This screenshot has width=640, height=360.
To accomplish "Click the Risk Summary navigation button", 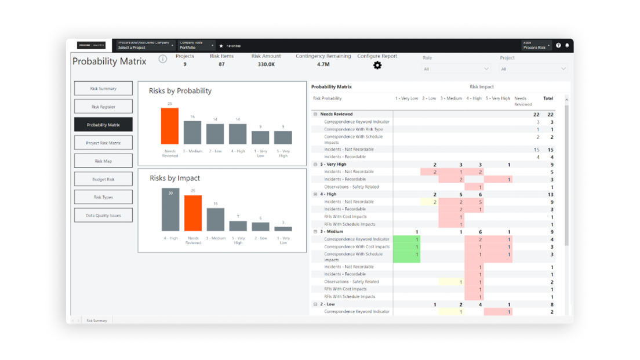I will (103, 89).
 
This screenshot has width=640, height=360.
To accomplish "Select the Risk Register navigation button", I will (103, 107).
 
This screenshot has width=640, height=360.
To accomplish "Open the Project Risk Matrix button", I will (103, 143).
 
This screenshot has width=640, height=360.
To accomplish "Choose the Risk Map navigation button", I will (103, 161).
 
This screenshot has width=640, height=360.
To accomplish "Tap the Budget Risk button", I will (103, 179).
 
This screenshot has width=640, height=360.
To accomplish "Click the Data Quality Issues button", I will (103, 215).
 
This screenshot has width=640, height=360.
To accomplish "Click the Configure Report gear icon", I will (377, 66).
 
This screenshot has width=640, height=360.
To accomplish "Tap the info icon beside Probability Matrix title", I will (163, 59).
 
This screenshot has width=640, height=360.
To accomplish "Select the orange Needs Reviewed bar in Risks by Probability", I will (170, 126).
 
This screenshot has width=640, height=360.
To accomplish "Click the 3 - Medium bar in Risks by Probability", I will (192, 132).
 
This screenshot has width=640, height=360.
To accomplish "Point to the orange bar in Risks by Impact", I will (193, 213).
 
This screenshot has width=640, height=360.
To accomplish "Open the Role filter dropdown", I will (456, 69).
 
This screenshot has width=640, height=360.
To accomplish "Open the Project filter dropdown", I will (533, 69).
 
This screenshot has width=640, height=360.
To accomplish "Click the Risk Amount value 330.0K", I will (266, 64).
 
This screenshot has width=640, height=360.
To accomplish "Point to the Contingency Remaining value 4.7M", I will (323, 64).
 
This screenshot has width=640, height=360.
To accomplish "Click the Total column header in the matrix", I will (548, 99).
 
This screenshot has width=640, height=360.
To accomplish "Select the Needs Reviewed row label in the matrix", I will (336, 114).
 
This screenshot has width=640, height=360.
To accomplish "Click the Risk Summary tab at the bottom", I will (97, 321).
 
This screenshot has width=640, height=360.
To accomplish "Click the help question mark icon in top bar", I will (558, 45).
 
